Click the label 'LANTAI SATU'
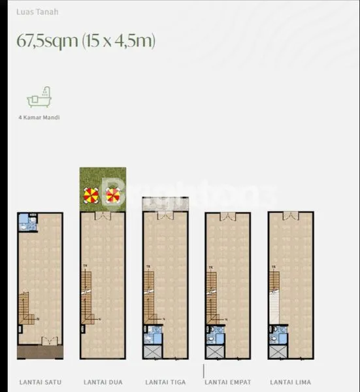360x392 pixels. coord(41,382)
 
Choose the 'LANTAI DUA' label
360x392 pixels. coord(103,382)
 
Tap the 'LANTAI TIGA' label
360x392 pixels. coord(165,382)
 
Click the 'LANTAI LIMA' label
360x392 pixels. coord(291,382)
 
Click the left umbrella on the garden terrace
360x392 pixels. coord(91,195)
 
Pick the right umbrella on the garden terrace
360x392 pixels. coord(113,195)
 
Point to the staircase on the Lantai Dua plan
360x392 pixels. coord(87,297)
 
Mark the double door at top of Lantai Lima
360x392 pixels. coord(291,216)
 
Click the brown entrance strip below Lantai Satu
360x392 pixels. coord(41,351)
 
